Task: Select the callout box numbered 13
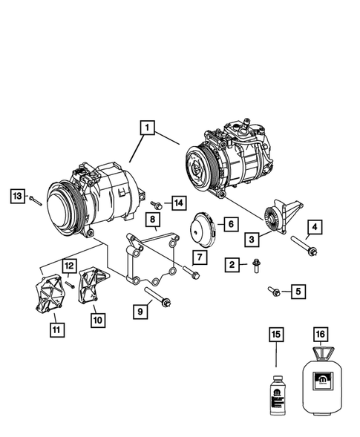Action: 17,195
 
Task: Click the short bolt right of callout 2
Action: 256,265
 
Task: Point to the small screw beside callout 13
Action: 34,198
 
